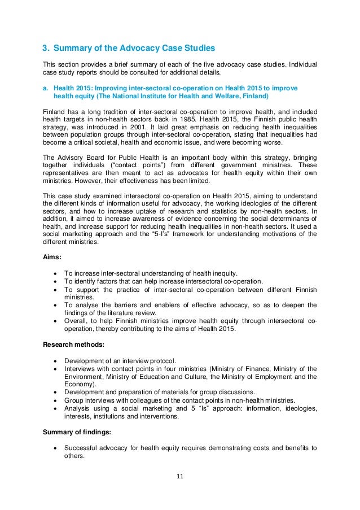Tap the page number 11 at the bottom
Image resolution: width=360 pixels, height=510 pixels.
[180, 476]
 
